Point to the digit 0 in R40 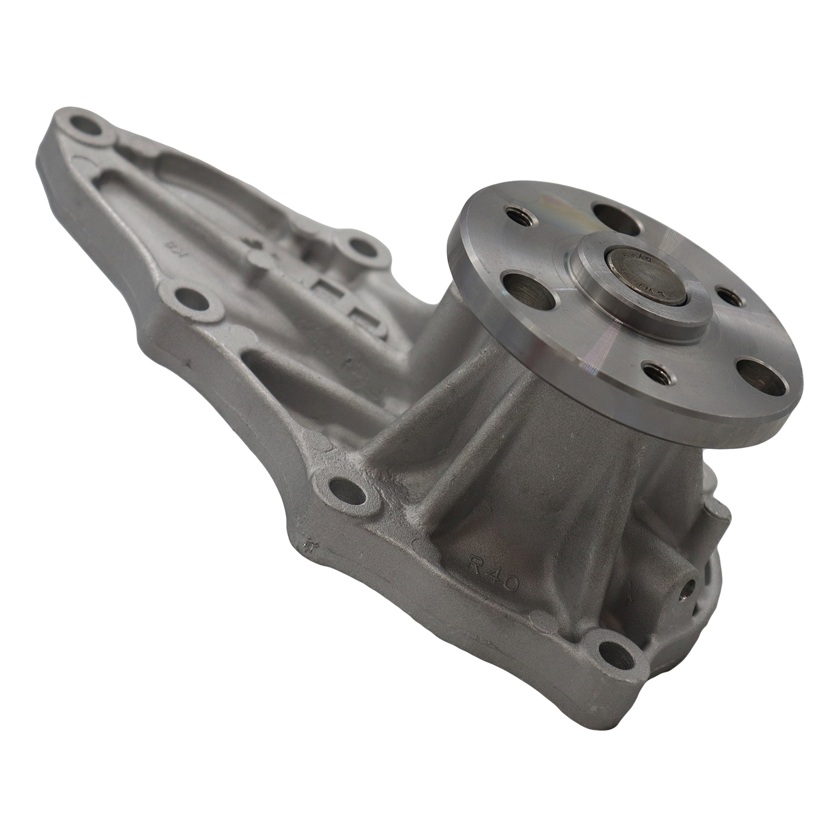tap(510, 586)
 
